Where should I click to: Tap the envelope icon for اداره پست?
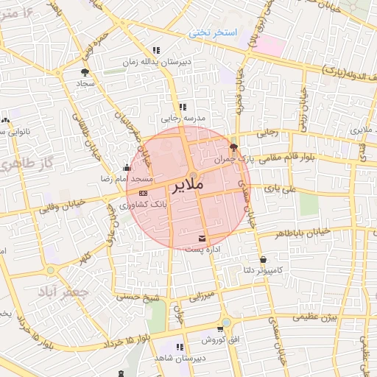pyautogui.click(x=202, y=238)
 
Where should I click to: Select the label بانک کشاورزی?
pyautogui.click(x=150, y=204)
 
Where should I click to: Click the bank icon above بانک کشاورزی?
pyautogui.click(x=143, y=193)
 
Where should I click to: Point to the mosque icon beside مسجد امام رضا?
pyautogui.click(x=127, y=167)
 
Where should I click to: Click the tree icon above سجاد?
pyautogui.click(x=85, y=72)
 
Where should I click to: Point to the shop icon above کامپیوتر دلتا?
pyautogui.click(x=264, y=259)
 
